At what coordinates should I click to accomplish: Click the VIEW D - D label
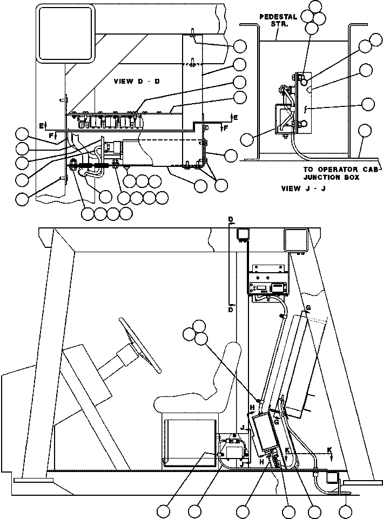click(137, 81)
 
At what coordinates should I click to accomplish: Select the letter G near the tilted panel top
click(308, 308)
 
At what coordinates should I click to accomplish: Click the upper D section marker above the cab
click(231, 219)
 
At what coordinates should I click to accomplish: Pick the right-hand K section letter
click(330, 450)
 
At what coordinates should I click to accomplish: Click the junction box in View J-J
click(284, 119)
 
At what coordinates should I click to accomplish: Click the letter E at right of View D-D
click(236, 118)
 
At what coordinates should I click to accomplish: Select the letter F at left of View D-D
click(51, 135)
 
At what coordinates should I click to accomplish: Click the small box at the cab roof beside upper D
click(243, 234)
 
